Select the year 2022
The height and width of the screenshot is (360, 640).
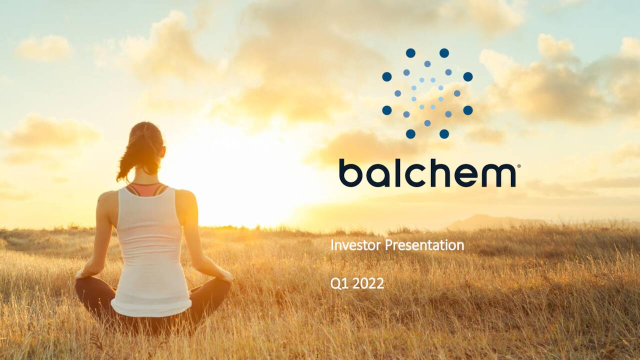pyautogui.click(x=368, y=284)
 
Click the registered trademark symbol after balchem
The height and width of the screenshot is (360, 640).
pyautogui.click(x=519, y=165)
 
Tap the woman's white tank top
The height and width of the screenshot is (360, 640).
pyautogui.click(x=150, y=251)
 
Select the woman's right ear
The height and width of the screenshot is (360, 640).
pyautogui.click(x=163, y=151)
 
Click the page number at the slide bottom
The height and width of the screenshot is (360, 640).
pyautogui.click(x=317, y=355)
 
